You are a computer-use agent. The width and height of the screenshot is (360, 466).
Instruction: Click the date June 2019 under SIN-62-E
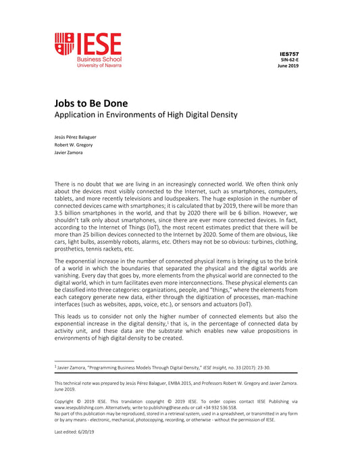[288, 66]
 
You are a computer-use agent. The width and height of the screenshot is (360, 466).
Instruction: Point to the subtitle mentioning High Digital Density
[146, 115]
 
